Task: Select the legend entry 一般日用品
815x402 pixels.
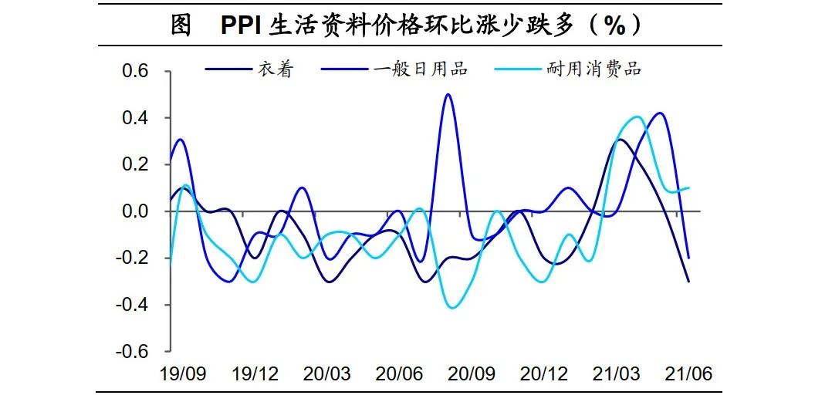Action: point(421,69)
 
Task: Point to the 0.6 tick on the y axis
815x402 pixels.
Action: point(141,72)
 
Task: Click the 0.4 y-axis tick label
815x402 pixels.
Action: point(141,118)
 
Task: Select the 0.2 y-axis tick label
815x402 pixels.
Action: point(141,165)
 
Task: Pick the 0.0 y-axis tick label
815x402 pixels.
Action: point(141,211)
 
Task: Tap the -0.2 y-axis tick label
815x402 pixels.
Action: point(138,258)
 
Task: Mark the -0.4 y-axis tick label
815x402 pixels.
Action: point(138,305)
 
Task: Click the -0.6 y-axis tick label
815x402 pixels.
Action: point(138,352)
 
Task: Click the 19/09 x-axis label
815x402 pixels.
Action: point(183,374)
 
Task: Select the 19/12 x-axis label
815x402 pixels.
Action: point(255,374)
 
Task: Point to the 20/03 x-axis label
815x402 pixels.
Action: point(327,374)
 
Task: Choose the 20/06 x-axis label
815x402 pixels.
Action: point(400,374)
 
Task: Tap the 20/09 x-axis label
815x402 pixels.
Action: point(472,374)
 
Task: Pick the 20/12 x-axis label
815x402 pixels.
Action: point(544,374)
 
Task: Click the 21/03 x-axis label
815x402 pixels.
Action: point(616,374)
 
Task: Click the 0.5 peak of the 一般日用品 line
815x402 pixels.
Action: point(448,95)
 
